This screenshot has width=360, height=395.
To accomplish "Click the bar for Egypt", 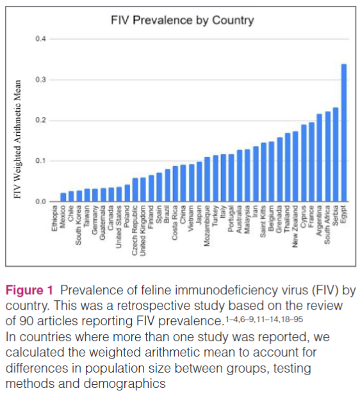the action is click(343, 133).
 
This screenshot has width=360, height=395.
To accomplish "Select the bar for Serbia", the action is click(336, 155).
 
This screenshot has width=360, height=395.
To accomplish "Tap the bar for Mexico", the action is click(63, 197).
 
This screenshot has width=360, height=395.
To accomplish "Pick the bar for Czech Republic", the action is click(135, 190).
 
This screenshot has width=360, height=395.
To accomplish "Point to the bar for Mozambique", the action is click(207, 180).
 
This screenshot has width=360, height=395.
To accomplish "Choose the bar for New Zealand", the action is click(295, 167).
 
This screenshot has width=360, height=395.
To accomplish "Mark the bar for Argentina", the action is click(319, 158).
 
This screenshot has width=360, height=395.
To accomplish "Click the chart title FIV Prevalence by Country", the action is click(183, 20).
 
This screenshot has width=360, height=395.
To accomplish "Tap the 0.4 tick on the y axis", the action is click(40, 39).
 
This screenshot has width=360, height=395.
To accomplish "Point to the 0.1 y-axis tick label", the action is click(40, 161).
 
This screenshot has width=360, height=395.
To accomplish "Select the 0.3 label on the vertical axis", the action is click(40, 80).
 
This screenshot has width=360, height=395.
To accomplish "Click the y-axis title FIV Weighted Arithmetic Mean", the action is click(17, 139).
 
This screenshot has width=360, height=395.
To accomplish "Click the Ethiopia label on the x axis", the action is click(55, 219).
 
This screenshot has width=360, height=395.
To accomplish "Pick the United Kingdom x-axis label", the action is click(143, 231).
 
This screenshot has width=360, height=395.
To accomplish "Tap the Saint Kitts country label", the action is click(263, 222).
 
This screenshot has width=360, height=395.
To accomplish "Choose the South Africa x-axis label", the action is click(327, 225).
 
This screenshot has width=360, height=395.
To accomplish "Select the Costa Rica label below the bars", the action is click(175, 223).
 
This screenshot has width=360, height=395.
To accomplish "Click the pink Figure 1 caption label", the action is click(29, 290).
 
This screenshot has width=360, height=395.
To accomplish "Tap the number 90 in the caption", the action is click(27, 321).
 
